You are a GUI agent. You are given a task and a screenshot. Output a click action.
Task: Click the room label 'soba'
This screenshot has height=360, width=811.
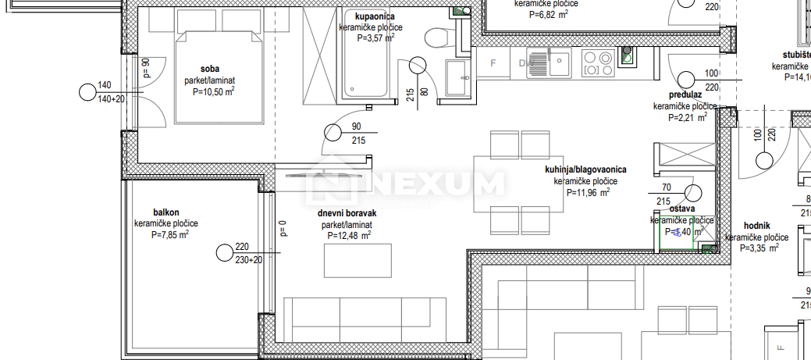pyautogui.click(x=209, y=68)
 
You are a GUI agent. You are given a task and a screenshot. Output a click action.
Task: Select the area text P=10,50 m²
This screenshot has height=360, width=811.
pyautogui.click(x=214, y=91)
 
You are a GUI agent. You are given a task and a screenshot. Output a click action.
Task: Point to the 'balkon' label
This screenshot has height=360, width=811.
pyautogui.click(x=166, y=212)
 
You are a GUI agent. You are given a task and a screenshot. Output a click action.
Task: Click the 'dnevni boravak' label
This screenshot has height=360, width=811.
pyautogui.click(x=347, y=213)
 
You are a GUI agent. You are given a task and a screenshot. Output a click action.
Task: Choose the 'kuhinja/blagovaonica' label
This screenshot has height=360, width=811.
pyautogui.click(x=585, y=169)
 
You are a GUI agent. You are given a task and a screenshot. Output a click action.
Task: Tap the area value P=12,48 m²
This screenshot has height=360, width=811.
pyautogui.click(x=348, y=235)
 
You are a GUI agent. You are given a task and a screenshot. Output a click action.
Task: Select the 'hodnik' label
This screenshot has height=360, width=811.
pyautogui.click(x=757, y=224)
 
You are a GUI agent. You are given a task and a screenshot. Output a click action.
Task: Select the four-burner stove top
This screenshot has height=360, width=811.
pyautogui.click(x=597, y=62)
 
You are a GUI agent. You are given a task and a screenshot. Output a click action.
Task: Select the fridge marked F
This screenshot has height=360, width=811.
pyautogui.click(x=493, y=62)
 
